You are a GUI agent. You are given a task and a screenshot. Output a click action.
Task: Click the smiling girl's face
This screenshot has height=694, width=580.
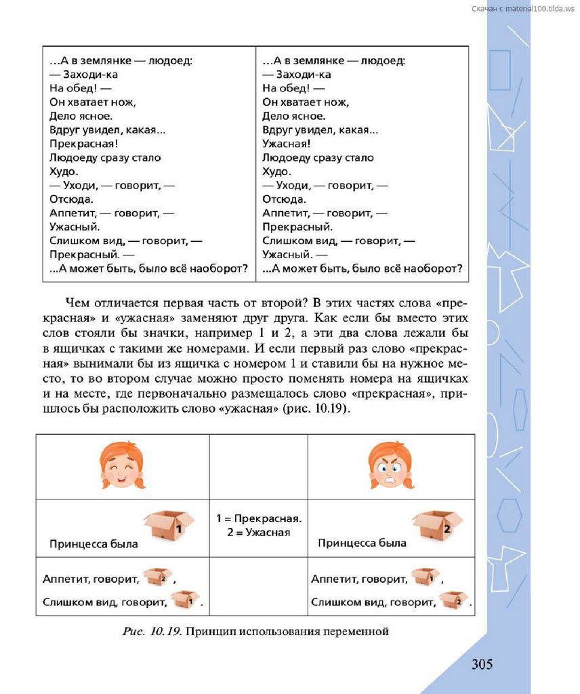[x=122, y=466]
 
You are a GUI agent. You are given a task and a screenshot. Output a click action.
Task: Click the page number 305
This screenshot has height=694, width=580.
[x=482, y=664]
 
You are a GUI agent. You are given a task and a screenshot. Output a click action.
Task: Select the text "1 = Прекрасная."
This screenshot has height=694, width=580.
[x=259, y=518]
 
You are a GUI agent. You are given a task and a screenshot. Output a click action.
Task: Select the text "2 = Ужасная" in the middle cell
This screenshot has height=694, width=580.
[x=259, y=532]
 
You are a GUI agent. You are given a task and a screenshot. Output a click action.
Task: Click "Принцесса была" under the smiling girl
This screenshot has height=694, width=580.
[x=94, y=544]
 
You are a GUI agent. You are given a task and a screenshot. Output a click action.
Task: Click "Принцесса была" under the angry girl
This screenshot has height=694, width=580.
[x=362, y=543]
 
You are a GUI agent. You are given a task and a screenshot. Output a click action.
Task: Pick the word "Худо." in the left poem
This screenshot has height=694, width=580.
[x=64, y=171]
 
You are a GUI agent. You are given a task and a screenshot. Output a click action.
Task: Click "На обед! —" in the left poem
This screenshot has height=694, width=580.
[x=77, y=88]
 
